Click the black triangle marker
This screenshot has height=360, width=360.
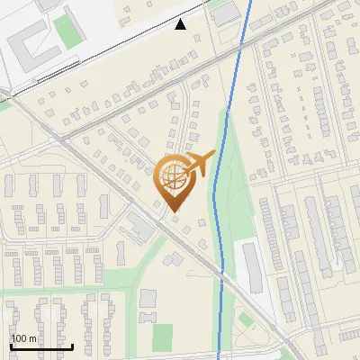pyautogui.click(x=181, y=24)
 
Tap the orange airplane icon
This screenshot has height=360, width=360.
pyautogui.click(x=199, y=163)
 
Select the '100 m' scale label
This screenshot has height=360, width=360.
pyautogui.click(x=23, y=338)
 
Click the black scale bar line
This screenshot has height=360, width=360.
pyautogui.click(x=41, y=346)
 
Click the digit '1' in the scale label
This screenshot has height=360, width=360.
pyautogui.click(x=13, y=338)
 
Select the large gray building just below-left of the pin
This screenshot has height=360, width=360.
pyautogui.click(x=140, y=227)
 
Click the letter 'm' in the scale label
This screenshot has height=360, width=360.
pyautogui.click(x=32, y=339)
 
